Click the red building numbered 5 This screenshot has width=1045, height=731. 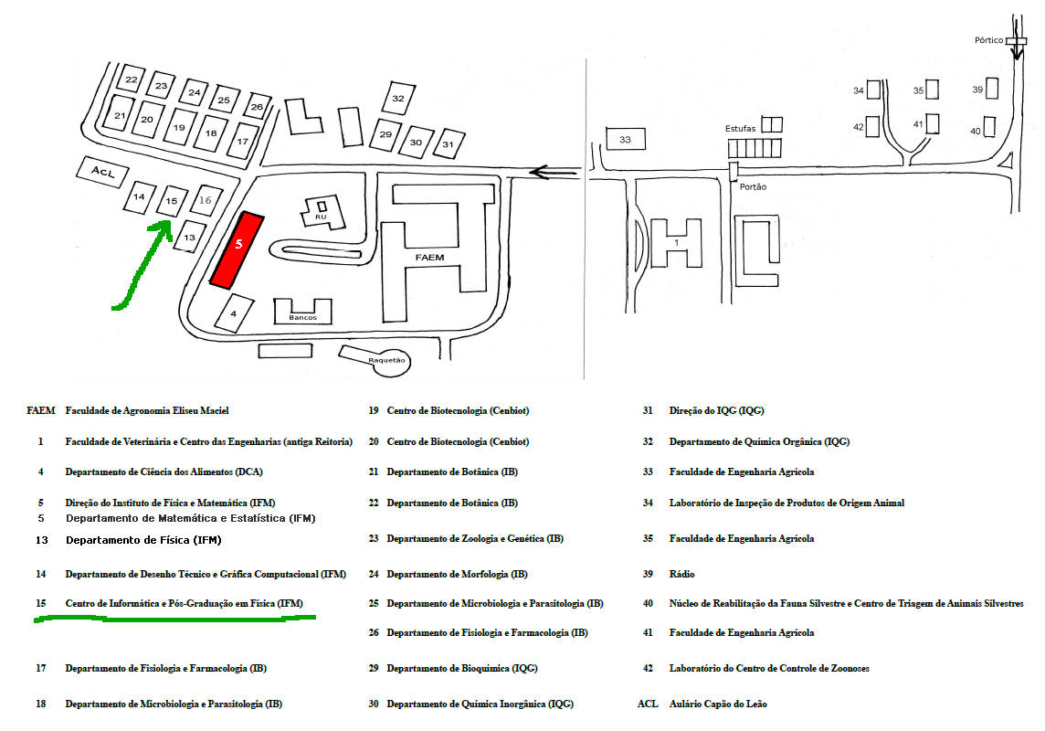pyautogui.click(x=237, y=249)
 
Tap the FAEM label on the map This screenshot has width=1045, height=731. pyautogui.click(x=429, y=258)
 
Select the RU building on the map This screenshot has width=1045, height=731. pyautogui.click(x=322, y=216)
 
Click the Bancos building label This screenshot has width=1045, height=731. pyautogui.click(x=301, y=317)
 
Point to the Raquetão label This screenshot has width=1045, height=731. pyautogui.click(x=386, y=360)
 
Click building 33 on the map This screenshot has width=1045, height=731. pyautogui.click(x=625, y=140)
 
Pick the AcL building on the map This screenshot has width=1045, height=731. pyautogui.click(x=100, y=172)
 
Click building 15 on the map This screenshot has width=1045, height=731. pyautogui.click(x=170, y=200)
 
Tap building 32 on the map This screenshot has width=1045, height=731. pyautogui.click(x=397, y=98)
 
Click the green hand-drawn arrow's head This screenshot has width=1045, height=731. pyautogui.click(x=164, y=225)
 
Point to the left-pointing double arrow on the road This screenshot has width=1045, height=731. pyautogui.click(x=554, y=172)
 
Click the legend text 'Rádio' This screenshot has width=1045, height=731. pyautogui.click(x=681, y=574)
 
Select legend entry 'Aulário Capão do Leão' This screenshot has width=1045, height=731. pyautogui.click(x=718, y=704)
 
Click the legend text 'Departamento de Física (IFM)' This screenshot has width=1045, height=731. pyautogui.click(x=142, y=540)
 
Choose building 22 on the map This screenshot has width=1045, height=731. pyautogui.click(x=132, y=80)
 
